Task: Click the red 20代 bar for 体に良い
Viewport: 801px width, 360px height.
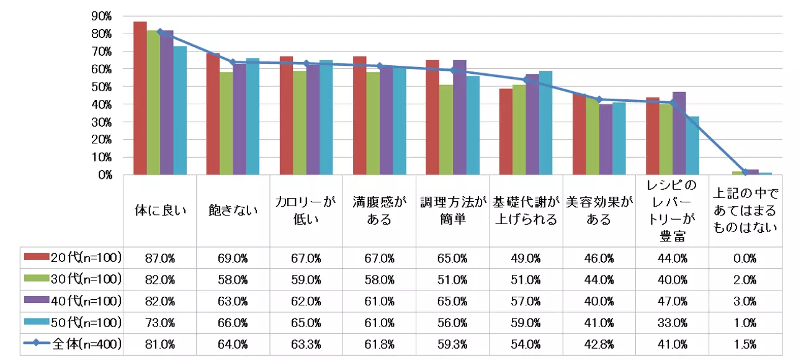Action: click(x=140, y=99)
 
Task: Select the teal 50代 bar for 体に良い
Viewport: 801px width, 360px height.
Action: click(x=180, y=112)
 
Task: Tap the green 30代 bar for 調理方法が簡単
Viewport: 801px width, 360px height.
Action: click(x=445, y=130)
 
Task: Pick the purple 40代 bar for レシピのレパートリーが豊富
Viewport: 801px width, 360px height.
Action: click(x=679, y=134)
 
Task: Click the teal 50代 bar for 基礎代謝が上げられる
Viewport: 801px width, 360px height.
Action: click(x=545, y=124)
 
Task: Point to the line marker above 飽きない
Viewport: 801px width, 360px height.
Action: click(x=233, y=62)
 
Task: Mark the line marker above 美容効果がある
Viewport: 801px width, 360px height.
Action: click(x=599, y=99)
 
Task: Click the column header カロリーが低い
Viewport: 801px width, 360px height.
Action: click(x=306, y=211)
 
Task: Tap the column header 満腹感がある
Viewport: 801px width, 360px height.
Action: click(x=379, y=211)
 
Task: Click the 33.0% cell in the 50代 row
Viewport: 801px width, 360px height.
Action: click(x=671, y=323)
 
